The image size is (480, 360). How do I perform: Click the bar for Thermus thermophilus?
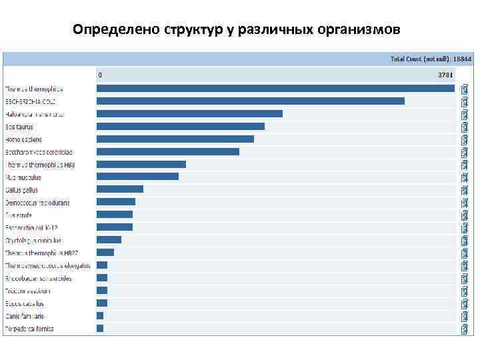point(275,89)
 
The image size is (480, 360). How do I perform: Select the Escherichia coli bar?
point(251,101)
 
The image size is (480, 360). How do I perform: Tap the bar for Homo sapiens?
point(175,139)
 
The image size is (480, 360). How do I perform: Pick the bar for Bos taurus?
point(181,127)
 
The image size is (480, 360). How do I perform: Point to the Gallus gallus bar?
point(120,189)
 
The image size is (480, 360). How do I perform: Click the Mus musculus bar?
point(137,177)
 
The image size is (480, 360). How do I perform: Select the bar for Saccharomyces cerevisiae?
point(168,152)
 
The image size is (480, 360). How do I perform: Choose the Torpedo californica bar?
point(100,329)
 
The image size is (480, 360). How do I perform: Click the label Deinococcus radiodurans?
point(37,203)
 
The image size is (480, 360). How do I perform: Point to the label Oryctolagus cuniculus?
point(33,241)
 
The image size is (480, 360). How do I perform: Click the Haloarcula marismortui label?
point(35,114)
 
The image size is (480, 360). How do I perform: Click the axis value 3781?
point(445,75)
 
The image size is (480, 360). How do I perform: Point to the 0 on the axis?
point(100,75)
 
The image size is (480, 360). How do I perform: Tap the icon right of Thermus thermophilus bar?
point(464,89)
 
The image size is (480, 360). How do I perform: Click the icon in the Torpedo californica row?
point(464,329)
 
